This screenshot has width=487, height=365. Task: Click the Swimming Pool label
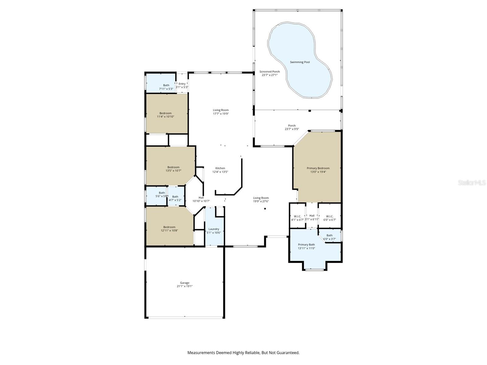(x=300, y=62)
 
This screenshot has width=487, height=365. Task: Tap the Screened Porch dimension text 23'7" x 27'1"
(x=269, y=75)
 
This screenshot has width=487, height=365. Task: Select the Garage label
(x=184, y=283)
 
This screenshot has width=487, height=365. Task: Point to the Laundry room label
(x=214, y=229)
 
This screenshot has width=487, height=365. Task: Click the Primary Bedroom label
(x=318, y=168)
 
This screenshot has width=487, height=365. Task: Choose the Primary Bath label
(x=306, y=245)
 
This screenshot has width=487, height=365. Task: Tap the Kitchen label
(x=220, y=168)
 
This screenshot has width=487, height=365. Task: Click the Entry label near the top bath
(x=182, y=84)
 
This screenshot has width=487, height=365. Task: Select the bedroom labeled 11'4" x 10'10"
(x=165, y=115)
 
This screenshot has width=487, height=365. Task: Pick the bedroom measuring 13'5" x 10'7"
(x=173, y=169)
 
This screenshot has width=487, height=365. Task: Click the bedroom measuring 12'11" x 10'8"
(x=169, y=229)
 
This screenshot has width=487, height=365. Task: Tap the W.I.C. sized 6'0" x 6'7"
(x=330, y=218)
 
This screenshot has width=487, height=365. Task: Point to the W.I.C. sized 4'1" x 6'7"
(x=297, y=218)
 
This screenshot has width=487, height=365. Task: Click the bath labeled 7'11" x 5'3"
(x=166, y=87)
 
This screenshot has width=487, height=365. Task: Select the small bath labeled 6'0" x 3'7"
(x=329, y=237)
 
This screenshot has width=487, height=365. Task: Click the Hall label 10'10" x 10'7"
(x=201, y=199)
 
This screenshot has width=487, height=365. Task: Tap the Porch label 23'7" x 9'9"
(x=292, y=127)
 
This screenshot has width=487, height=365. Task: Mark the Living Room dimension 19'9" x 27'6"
(x=261, y=201)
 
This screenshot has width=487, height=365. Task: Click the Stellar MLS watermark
(x=472, y=182)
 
